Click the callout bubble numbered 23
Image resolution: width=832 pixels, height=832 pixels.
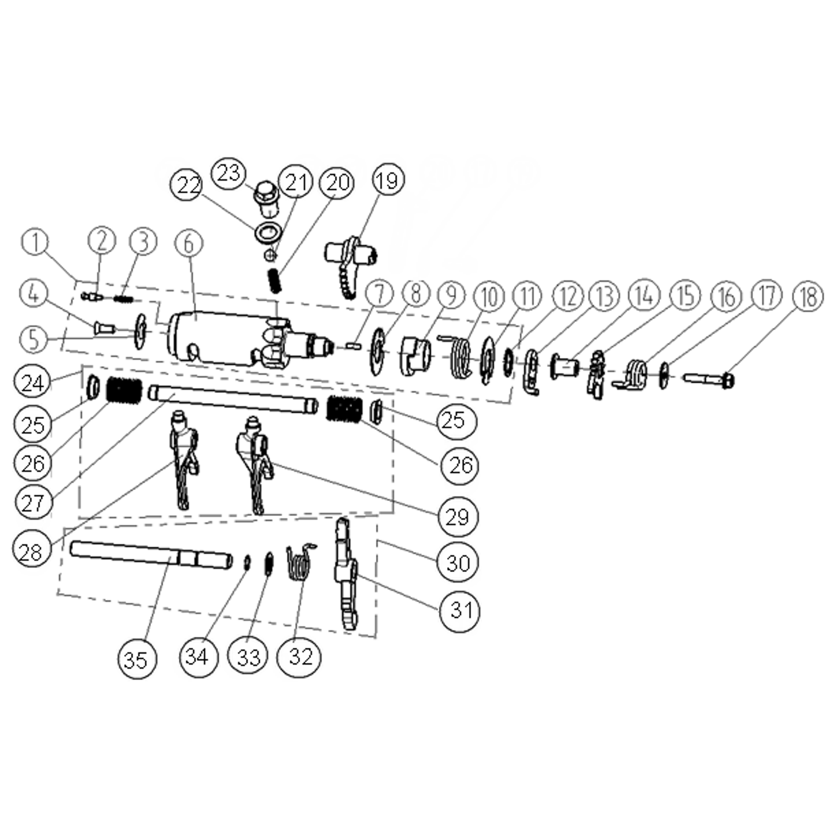(x=229, y=173)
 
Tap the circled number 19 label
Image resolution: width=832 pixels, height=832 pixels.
(x=387, y=180)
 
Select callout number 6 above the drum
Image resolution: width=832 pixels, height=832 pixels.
(x=189, y=243)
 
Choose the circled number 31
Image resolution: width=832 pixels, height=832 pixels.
(x=460, y=611)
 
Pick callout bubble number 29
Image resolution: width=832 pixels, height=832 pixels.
(x=458, y=516)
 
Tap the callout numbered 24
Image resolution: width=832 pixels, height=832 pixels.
(x=32, y=383)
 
